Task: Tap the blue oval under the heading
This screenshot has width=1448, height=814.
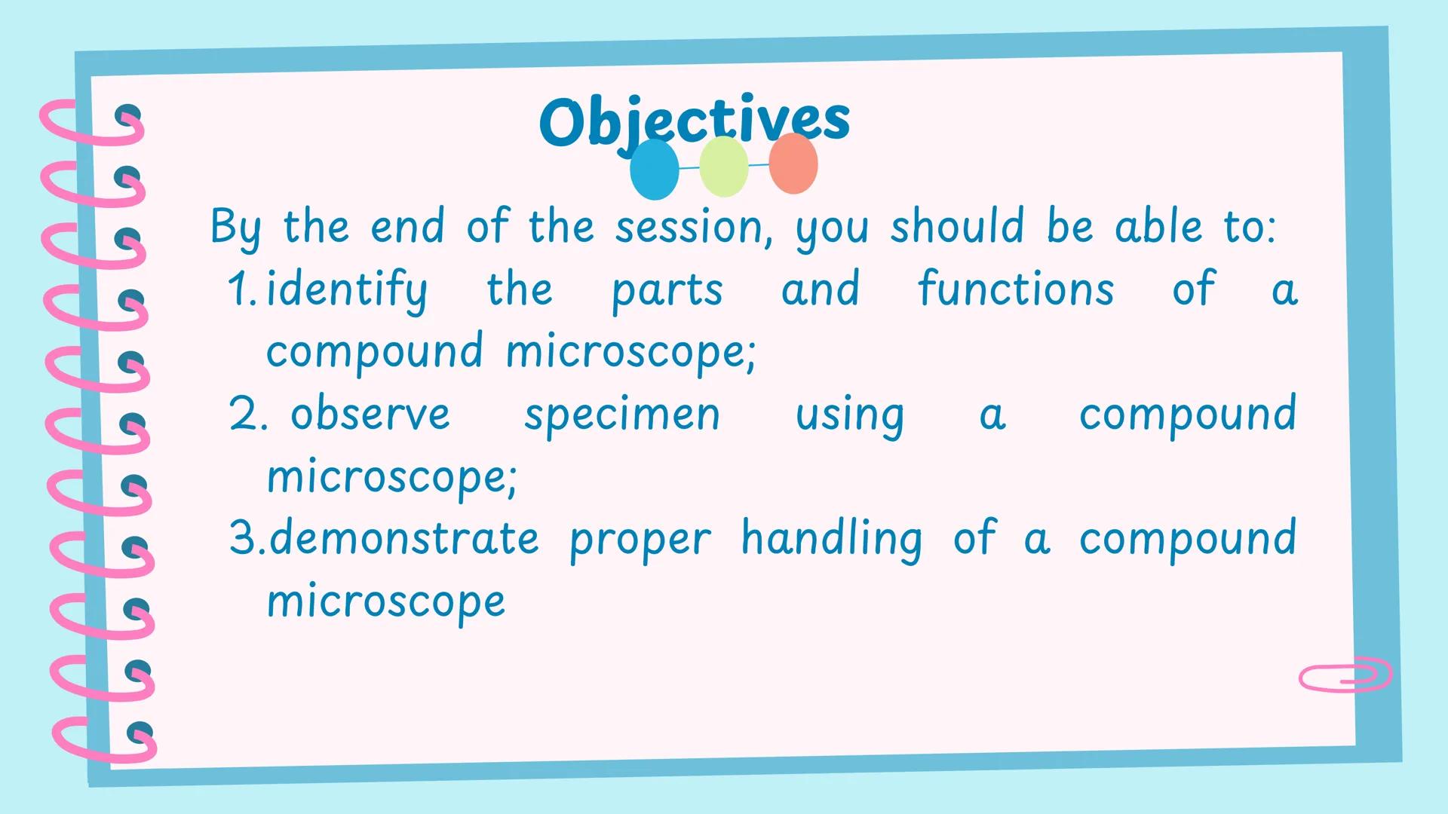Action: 654,170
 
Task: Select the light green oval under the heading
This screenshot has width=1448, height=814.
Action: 723,167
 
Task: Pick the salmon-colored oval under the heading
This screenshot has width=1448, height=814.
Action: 793,164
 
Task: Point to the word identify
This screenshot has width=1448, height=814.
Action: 347,290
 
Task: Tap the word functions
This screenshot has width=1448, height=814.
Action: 1015,289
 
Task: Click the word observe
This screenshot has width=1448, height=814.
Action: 370,414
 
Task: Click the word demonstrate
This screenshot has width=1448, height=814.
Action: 404,538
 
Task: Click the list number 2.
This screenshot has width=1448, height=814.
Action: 247,414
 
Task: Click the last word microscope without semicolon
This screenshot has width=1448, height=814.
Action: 386,601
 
